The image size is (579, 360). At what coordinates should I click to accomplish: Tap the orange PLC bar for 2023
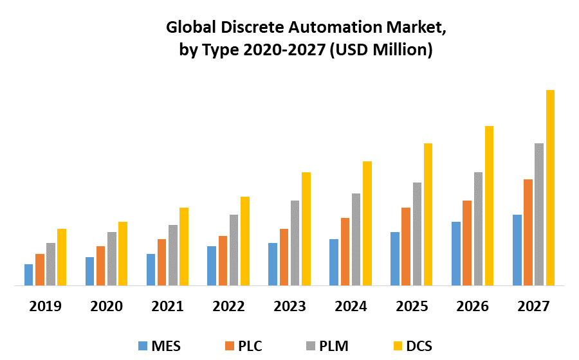(284, 256)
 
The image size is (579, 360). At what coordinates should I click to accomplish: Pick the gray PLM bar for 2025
(417, 233)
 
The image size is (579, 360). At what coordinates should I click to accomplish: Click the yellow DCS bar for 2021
(184, 246)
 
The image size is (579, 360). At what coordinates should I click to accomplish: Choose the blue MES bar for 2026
(456, 253)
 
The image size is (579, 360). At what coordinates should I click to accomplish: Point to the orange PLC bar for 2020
(100, 265)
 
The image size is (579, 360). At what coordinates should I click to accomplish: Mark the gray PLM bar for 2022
(234, 249)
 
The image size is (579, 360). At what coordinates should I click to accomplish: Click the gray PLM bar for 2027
(539, 214)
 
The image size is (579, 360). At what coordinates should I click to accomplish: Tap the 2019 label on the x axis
(45, 306)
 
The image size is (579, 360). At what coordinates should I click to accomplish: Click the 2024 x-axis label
(351, 306)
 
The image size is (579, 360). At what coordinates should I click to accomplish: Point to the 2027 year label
(534, 306)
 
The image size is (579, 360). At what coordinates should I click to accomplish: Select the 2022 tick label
(228, 306)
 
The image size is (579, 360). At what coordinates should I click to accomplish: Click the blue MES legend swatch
(142, 346)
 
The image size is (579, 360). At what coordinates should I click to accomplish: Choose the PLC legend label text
(250, 346)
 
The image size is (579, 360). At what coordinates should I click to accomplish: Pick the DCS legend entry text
(419, 346)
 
